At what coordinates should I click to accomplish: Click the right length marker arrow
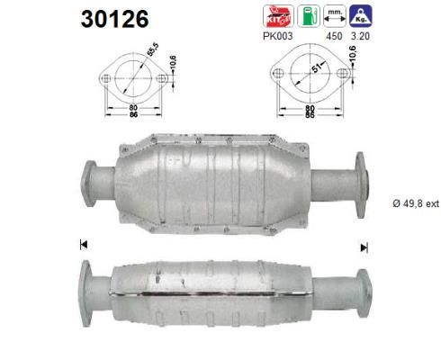pyautogui.click(x=364, y=246)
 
